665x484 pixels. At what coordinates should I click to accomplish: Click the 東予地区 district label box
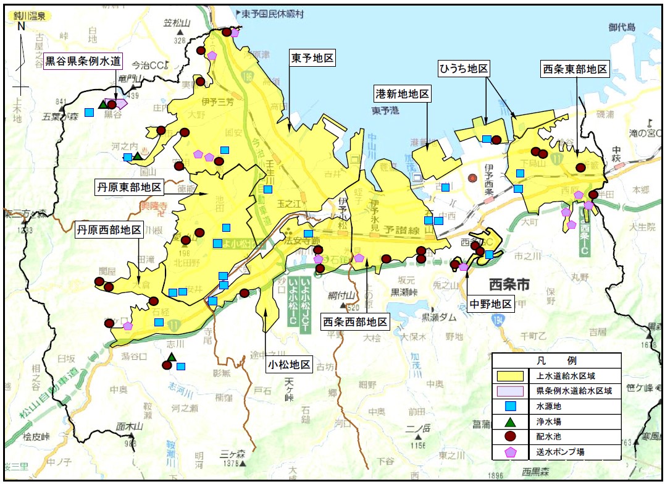click(x=312, y=59)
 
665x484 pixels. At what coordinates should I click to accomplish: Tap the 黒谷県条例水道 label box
click(x=83, y=62)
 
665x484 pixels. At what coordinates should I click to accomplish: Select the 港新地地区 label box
click(x=403, y=95)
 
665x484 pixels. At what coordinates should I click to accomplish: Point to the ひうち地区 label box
click(x=464, y=68)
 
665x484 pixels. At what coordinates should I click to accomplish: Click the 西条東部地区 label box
click(x=574, y=69)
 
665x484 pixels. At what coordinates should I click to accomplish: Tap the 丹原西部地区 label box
click(x=109, y=231)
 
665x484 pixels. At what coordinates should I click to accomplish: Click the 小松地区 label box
click(x=289, y=365)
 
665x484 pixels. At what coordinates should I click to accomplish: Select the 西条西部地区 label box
click(x=356, y=321)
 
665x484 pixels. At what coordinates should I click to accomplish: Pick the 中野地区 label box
click(x=491, y=304)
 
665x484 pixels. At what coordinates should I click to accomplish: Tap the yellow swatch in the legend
click(x=511, y=375)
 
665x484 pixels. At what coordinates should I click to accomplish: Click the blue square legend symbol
click(x=511, y=407)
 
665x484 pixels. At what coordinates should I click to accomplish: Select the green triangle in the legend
click(x=511, y=422)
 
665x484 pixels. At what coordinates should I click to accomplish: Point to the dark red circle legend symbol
click(x=511, y=437)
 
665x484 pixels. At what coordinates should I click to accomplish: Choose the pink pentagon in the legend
click(x=511, y=452)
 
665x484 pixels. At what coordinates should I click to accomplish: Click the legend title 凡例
click(x=556, y=360)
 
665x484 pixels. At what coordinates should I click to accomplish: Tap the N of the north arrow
click(x=21, y=26)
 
